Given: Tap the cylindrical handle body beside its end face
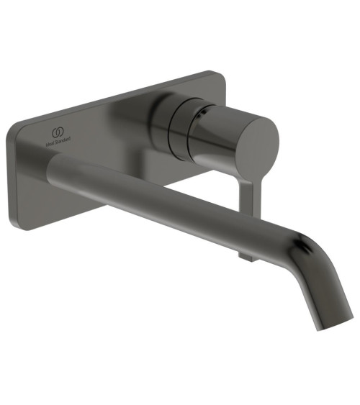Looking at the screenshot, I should tap(216, 129).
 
